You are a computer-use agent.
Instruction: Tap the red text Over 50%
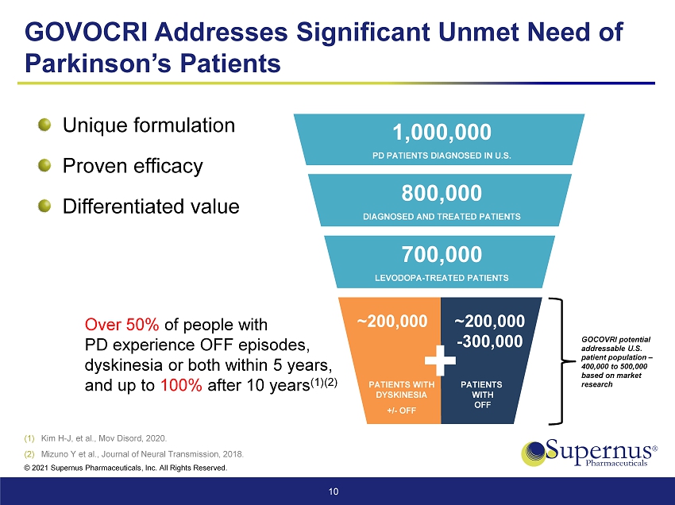[121, 325]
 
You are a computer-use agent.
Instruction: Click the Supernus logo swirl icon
[535, 453]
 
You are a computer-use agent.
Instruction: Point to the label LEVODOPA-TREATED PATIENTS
[442, 278]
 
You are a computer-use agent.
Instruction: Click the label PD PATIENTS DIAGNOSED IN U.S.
[442, 155]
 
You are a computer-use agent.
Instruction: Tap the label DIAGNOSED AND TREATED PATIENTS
[442, 216]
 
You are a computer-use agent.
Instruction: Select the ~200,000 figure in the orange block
[392, 321]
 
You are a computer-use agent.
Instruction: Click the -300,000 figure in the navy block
[489, 341]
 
